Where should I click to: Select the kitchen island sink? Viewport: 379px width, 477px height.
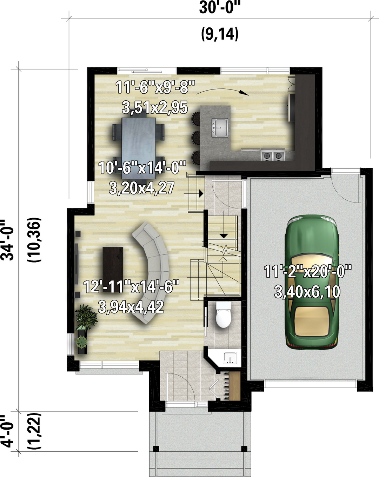pos(219,127)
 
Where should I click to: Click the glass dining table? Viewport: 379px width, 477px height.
pos(139,148)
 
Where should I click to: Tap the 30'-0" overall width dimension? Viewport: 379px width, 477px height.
pos(220,8)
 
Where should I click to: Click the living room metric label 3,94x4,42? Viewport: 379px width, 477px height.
pos(131,307)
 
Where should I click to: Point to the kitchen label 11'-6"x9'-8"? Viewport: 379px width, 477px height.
pos(155,87)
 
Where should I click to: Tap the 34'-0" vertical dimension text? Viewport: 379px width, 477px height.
pos(7,240)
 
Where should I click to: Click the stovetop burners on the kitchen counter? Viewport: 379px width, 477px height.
pos(273,155)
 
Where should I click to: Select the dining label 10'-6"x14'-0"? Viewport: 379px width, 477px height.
pos(142,168)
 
